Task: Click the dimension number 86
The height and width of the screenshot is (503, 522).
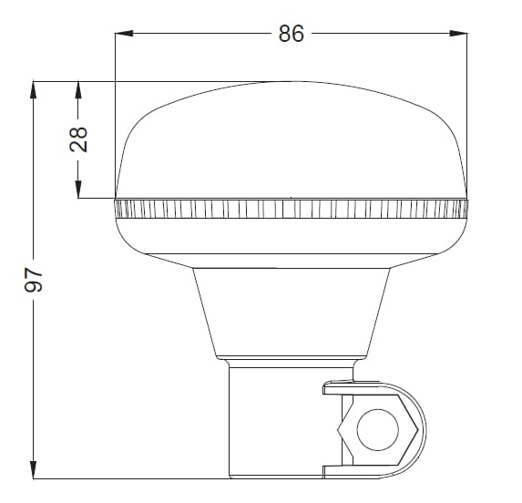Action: (x=292, y=34)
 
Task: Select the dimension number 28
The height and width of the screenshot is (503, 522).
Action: (x=78, y=139)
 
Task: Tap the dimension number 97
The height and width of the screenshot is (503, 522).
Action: (x=34, y=280)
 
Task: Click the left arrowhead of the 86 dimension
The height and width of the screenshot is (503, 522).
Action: (x=124, y=34)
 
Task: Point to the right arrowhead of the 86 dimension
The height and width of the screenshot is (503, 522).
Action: (x=457, y=34)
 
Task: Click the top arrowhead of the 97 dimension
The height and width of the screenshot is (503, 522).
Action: (x=34, y=90)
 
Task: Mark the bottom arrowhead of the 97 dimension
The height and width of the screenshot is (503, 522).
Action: (x=34, y=469)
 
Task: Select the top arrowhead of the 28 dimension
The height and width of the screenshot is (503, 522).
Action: (x=78, y=90)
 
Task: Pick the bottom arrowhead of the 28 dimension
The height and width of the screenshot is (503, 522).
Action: (x=78, y=190)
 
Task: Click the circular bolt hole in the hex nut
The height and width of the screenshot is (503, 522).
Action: (x=377, y=430)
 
